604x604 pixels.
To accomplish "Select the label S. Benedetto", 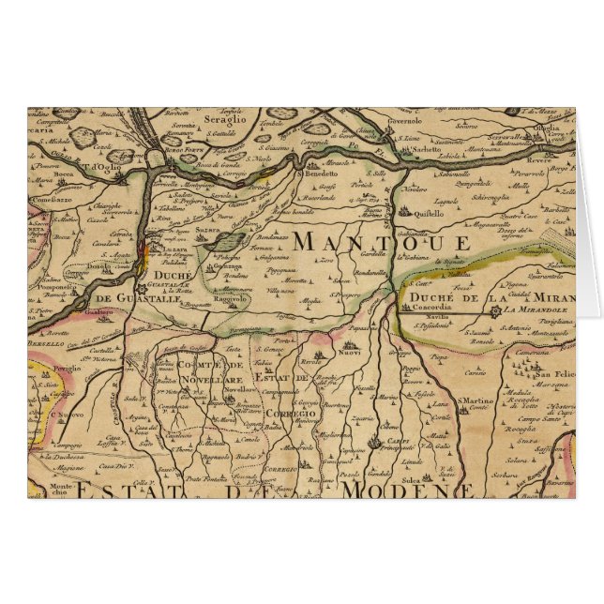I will point(318,174).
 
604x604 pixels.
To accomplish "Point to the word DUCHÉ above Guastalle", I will point(172,276).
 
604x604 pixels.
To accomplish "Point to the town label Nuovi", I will point(350,355).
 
